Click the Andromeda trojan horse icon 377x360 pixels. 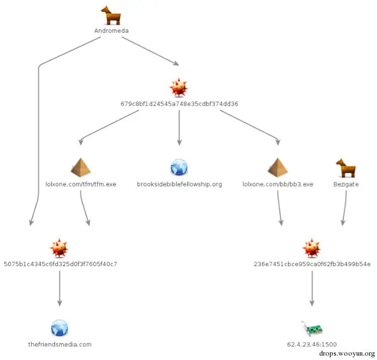coord(111,15)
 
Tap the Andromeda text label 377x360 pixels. coord(111,31)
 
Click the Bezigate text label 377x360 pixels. coord(346,184)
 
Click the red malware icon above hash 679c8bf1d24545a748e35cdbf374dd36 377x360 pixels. coord(179,87)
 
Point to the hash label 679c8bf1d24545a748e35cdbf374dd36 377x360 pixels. coord(179,103)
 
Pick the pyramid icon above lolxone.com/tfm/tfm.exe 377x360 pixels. coord(81,167)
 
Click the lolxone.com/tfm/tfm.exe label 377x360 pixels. coord(81,184)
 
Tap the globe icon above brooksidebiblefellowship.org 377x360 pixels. coord(179,167)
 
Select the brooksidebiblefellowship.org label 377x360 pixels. coord(179,184)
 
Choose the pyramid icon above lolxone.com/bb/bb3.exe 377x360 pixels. coord(278,167)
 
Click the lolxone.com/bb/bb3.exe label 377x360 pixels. coord(278,184)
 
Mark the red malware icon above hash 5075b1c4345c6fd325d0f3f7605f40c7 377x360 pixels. coord(59,248)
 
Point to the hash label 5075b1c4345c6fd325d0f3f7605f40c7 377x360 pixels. coord(60,264)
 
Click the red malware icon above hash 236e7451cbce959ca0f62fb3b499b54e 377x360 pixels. coord(312,248)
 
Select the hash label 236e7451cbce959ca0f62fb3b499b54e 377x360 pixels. coord(312,264)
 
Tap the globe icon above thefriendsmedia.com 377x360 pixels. coord(59,328)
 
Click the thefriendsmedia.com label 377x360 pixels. coord(59,344)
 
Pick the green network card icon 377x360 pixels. coord(312,329)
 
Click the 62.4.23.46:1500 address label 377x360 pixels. coord(312,344)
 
